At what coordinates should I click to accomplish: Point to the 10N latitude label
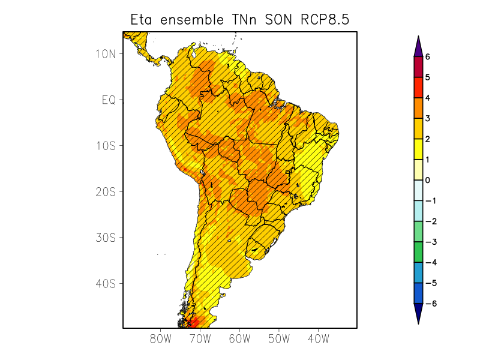[x=106, y=53]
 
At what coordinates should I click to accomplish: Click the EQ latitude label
[x=108, y=100]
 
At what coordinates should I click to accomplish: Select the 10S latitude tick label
[x=106, y=146]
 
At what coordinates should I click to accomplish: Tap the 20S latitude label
[x=106, y=192]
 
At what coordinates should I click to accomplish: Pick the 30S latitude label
[x=106, y=238]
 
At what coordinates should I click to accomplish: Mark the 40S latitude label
[x=106, y=283]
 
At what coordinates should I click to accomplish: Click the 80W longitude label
[x=161, y=339]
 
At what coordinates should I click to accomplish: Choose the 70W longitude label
[x=200, y=339]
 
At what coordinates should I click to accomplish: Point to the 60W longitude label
[x=239, y=339]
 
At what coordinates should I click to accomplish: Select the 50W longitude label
[x=279, y=339]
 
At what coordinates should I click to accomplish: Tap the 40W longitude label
[x=318, y=339]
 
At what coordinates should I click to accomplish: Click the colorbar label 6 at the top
[x=428, y=56]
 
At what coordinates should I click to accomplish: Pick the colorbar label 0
[x=428, y=180]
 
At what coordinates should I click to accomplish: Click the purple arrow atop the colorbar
[x=418, y=47]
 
